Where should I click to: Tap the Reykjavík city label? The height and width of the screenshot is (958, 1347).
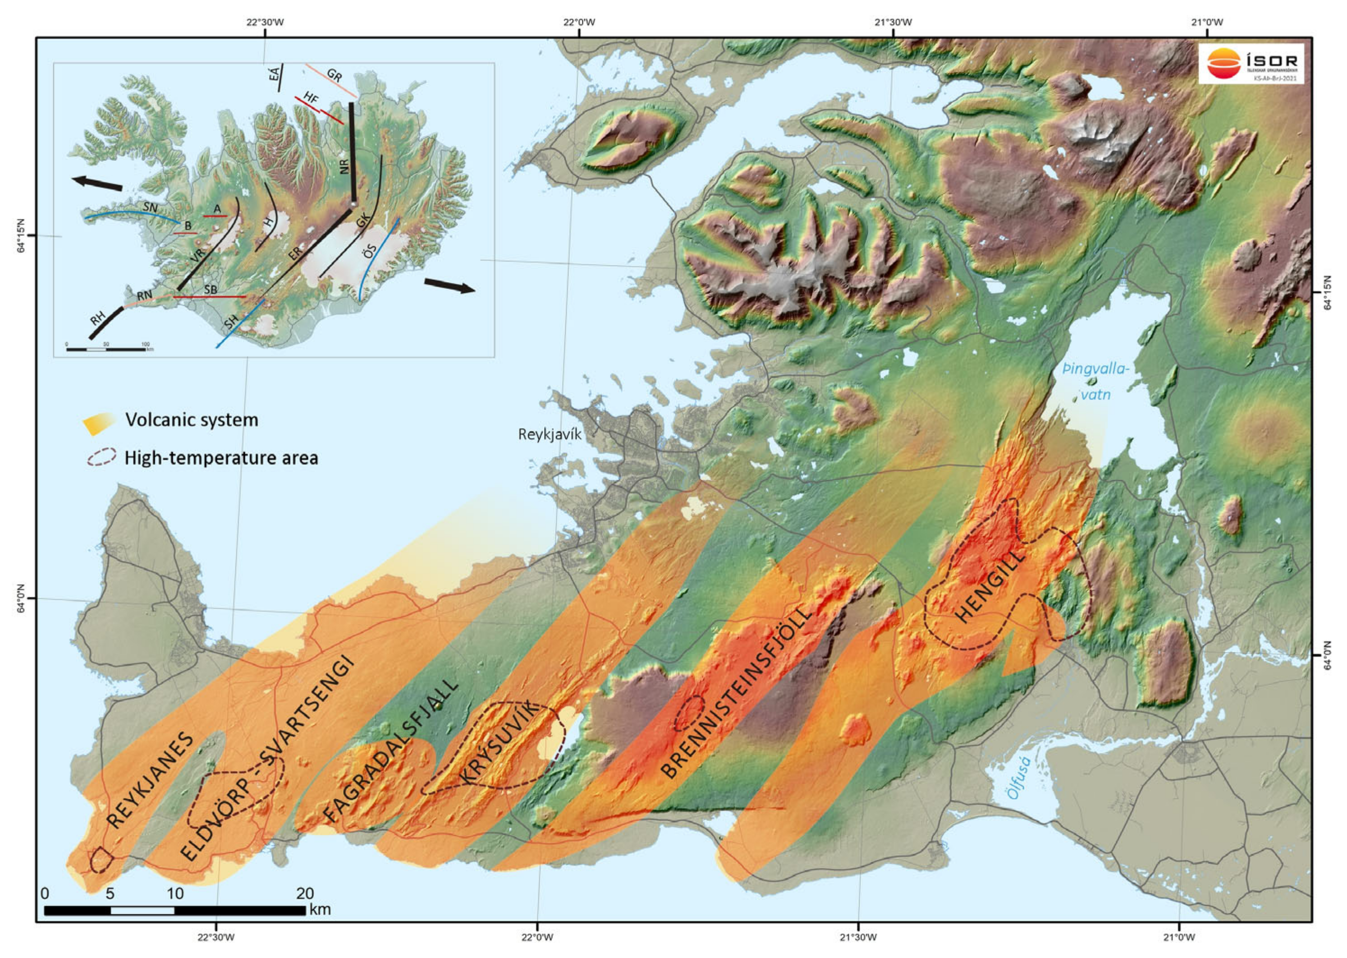pyautogui.click(x=550, y=435)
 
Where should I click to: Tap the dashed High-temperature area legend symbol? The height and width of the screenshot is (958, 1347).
pyautogui.click(x=101, y=458)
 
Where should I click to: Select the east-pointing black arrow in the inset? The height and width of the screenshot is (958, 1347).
pyautogui.click(x=449, y=286)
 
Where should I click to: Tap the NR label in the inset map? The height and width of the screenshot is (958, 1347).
pyautogui.click(x=345, y=166)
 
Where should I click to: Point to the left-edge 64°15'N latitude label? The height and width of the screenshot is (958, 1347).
pyautogui.click(x=23, y=236)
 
